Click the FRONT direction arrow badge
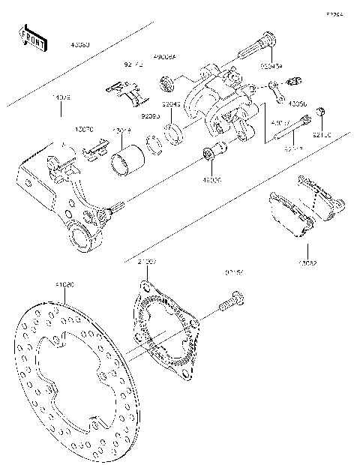[32, 38]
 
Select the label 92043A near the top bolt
[271, 66]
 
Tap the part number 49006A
[163, 56]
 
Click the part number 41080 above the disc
[64, 285]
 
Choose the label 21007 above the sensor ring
[147, 262]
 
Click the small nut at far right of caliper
[320, 112]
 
